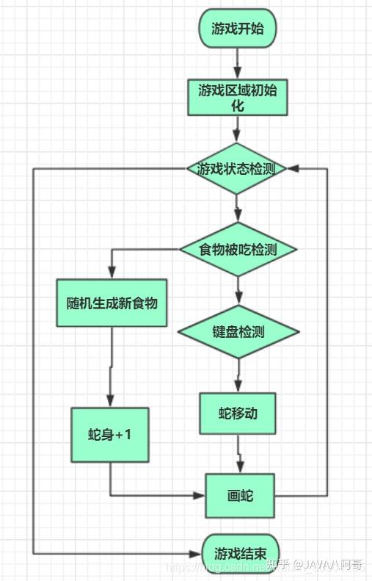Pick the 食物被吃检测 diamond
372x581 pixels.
238,249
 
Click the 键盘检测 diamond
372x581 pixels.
238,331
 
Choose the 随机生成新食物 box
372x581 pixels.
112,303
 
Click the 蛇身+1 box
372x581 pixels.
110,434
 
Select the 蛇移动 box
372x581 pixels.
238,413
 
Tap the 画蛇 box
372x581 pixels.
240,496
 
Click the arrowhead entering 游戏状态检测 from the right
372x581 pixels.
293,168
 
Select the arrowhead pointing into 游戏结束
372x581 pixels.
197,552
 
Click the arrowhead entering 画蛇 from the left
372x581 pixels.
200,496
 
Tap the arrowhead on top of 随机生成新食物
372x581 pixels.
112,273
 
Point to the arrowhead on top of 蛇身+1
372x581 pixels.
110,401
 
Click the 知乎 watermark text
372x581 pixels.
277,564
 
